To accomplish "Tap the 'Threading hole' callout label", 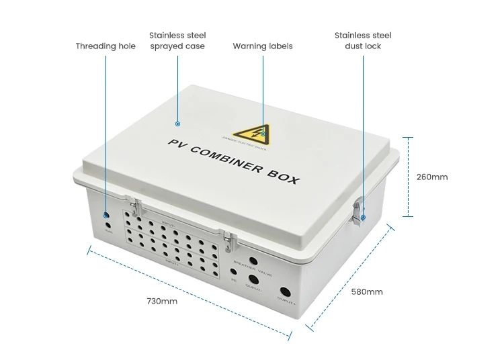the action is (106, 46).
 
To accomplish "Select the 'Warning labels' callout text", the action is (263, 46).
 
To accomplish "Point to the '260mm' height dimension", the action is (431, 177).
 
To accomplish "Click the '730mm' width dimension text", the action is (162, 302).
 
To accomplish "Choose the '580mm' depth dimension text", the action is (367, 291).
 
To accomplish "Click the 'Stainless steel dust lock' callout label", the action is (363, 40).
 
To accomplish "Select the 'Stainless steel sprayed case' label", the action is (177, 40).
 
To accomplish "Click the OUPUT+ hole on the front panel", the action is (284, 293).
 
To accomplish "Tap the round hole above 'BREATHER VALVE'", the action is (253, 261).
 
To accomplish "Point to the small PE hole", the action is (233, 273).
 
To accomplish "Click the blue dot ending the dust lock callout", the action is (363, 218).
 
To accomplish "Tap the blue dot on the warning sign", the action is (263, 134).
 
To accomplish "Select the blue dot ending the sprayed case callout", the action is (177, 124).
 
